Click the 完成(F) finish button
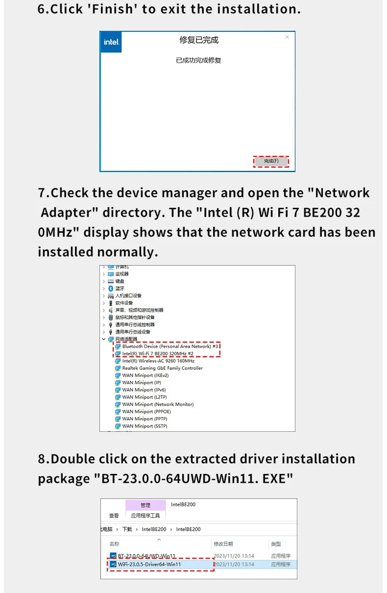271,161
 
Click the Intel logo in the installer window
111,42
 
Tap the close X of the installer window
287,37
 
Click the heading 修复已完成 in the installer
198,40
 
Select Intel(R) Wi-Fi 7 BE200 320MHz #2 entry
158,353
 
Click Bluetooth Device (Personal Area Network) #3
170,346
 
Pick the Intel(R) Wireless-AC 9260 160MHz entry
155,361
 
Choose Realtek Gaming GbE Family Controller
162,368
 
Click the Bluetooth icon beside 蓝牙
111,288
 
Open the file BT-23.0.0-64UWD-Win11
146,556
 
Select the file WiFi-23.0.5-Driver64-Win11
149,564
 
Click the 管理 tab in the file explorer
145,505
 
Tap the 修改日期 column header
223,544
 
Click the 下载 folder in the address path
127,529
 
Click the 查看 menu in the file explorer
114,516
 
